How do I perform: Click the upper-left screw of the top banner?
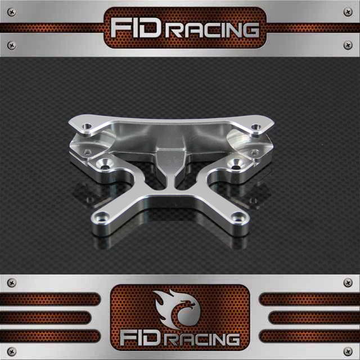pyautogui.click(x=11, y=12)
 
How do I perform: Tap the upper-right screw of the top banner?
pyautogui.click(x=348, y=12)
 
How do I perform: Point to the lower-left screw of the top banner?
pyautogui.click(x=11, y=45)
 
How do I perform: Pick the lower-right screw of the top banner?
pyautogui.click(x=348, y=45)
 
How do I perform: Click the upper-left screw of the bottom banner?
pyautogui.click(x=11, y=282)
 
